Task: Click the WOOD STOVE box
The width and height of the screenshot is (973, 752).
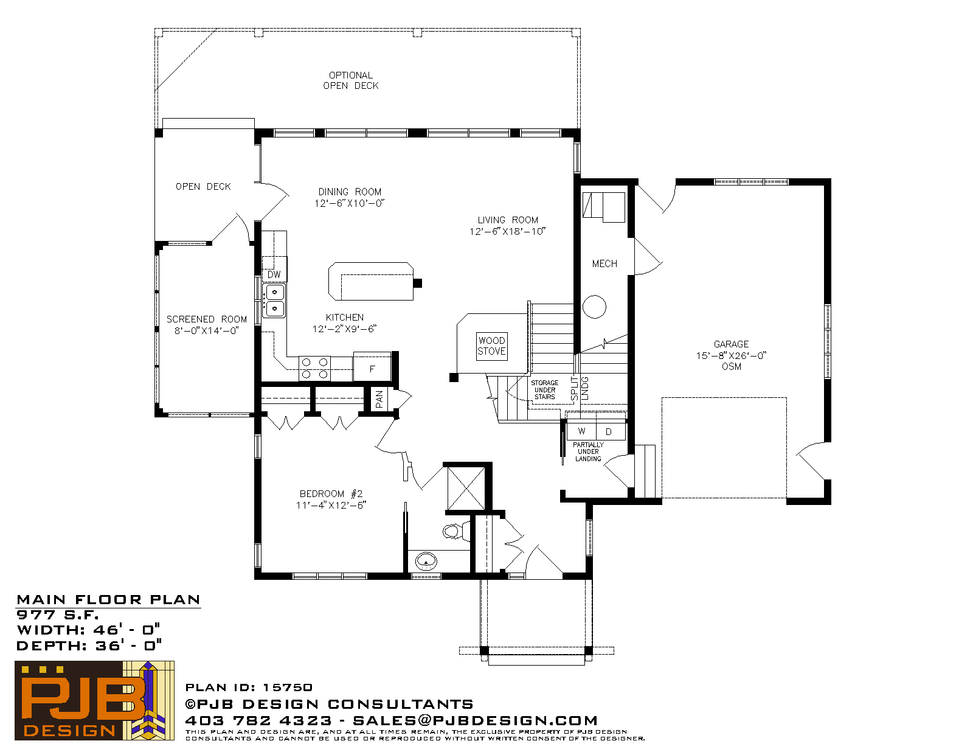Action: [491, 346]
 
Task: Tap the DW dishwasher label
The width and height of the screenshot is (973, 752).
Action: [274, 274]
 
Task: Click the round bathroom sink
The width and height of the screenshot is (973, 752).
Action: [426, 560]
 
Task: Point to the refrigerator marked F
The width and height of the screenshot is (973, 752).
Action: [372, 367]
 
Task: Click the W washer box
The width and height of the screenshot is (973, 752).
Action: [581, 431]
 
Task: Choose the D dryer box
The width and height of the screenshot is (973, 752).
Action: [611, 431]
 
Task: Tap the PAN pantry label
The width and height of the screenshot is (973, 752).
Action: [379, 399]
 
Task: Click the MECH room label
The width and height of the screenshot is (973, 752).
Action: [604, 264]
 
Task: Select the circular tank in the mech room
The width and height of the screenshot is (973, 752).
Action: [594, 307]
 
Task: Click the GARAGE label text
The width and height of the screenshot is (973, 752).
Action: [731, 344]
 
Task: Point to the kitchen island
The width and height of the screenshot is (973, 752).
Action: [371, 281]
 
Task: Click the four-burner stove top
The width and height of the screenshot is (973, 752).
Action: [314, 368]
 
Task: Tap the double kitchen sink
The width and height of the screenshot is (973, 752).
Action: [274, 300]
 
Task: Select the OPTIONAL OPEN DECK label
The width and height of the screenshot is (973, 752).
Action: [351, 81]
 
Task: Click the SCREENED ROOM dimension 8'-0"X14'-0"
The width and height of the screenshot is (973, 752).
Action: [206, 331]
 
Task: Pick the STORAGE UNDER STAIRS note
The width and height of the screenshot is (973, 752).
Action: [544, 389]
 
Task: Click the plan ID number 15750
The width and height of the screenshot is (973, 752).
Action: [288, 687]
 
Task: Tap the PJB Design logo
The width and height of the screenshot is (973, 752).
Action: [94, 700]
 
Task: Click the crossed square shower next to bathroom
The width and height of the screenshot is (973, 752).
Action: [466, 489]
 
